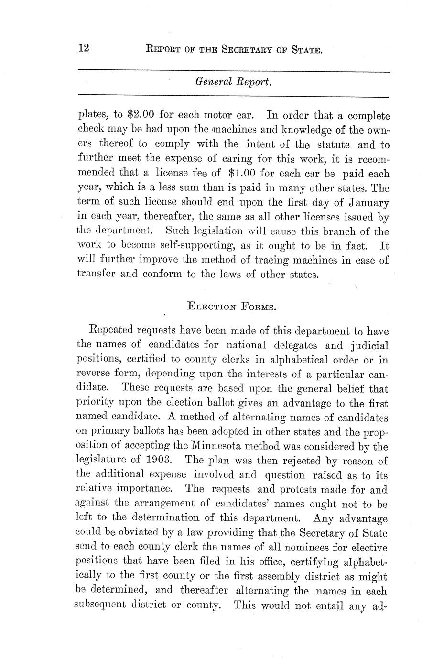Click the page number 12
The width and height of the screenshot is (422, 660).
[x=84, y=49]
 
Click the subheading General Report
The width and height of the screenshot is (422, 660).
[x=234, y=83]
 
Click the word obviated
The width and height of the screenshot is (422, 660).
[x=136, y=532]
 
